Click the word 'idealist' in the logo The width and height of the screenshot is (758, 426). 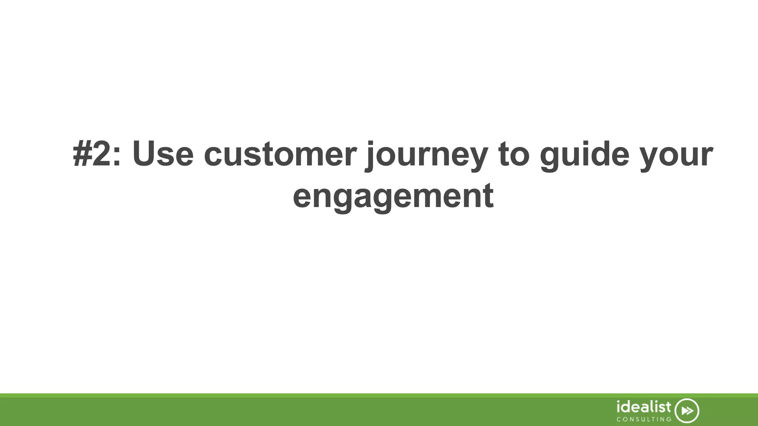644,407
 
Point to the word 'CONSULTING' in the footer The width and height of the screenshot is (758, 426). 644,419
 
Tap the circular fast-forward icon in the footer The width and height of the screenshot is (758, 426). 687,411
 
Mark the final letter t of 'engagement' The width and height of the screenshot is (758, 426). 489,195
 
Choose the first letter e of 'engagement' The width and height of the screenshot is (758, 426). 303,197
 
